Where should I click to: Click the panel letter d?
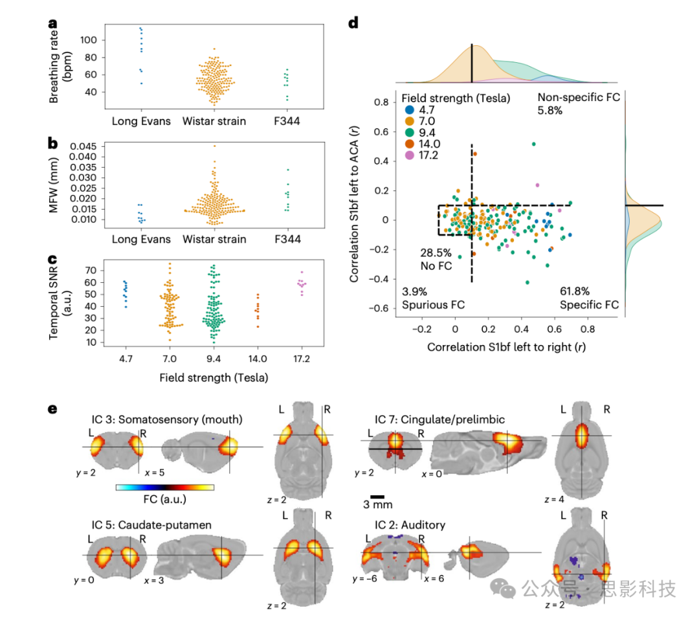[353, 24]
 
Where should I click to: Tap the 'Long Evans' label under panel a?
[141, 121]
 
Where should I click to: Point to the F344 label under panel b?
[287, 239]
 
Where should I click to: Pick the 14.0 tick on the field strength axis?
[258, 358]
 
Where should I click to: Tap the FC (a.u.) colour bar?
[164, 487]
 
